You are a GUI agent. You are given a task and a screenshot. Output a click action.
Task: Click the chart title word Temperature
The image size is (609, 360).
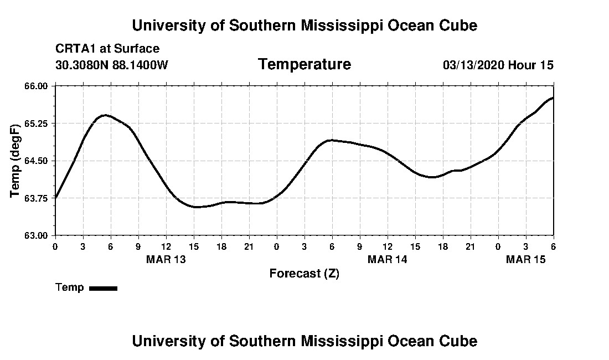click(x=304, y=65)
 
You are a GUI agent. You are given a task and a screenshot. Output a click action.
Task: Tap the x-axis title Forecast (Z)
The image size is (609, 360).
click(x=304, y=274)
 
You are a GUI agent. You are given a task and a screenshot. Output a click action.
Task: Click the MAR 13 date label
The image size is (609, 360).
click(x=166, y=259)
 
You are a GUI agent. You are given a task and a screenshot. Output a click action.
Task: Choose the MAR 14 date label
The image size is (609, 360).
click(x=388, y=259)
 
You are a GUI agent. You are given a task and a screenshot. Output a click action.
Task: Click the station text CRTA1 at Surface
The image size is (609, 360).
click(x=107, y=49)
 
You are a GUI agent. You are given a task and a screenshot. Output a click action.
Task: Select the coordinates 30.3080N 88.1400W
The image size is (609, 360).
click(x=111, y=65)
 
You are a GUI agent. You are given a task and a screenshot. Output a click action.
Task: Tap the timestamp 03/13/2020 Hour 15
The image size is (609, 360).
click(x=498, y=65)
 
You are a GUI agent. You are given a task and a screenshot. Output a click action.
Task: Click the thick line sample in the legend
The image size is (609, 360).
click(x=103, y=288)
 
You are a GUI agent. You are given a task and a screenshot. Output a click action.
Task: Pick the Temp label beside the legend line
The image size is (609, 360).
click(x=70, y=287)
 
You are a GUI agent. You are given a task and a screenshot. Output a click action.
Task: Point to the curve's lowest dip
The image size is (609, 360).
click(x=197, y=207)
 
